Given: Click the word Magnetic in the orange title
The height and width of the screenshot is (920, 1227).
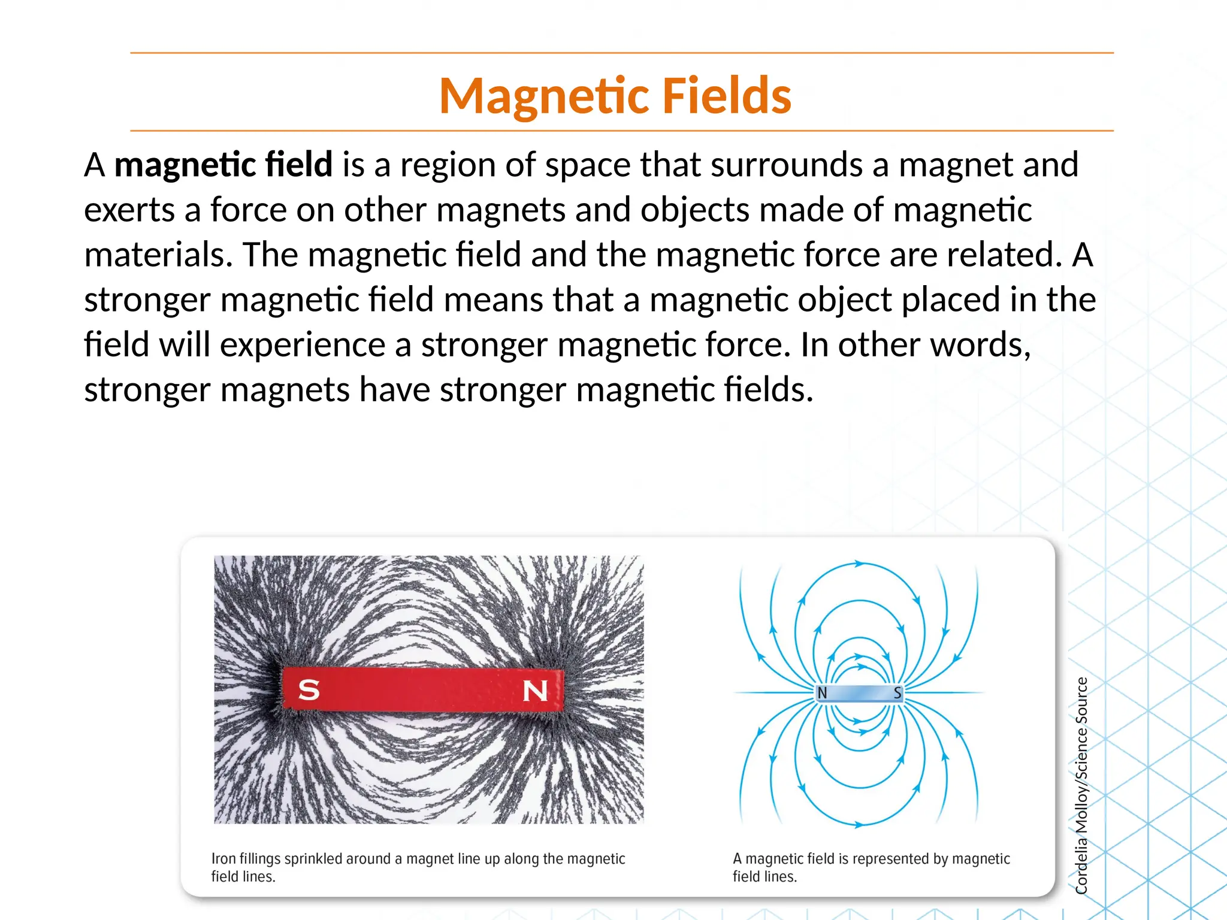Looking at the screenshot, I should pos(545,96).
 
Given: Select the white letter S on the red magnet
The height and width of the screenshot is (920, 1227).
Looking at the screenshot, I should pos(309,690).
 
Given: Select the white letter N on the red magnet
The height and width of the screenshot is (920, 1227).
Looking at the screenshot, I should pos(535,691).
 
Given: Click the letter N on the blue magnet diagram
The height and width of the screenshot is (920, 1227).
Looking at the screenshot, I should pos(822,693).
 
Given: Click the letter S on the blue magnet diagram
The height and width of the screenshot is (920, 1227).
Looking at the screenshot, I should pos(897,693).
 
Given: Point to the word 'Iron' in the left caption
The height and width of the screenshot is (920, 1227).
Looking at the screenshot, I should pos(223,859).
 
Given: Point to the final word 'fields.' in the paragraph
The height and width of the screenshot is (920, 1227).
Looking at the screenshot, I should pos(769,390).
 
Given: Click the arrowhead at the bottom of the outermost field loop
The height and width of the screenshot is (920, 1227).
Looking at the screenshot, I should pos(859,825).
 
